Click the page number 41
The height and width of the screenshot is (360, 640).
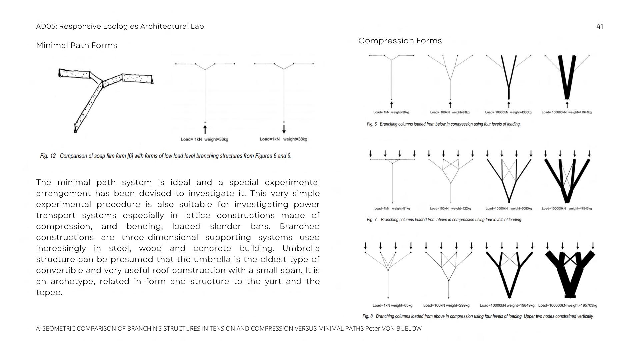599,26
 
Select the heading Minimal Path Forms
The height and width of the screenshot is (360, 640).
76,45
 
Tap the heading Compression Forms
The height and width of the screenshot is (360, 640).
400,41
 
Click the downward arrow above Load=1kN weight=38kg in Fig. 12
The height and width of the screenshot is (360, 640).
284,129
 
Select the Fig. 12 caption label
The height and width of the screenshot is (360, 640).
48,156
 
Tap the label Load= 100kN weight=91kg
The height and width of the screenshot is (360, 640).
450,112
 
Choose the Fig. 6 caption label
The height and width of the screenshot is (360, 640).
372,124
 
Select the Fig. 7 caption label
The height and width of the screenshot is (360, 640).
372,220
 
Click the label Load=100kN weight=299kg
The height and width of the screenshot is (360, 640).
446,305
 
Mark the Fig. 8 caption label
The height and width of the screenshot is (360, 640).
368,316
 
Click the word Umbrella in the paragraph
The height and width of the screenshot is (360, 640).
301,248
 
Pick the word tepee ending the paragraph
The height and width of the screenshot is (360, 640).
48,292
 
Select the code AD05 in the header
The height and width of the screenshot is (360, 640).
46,26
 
